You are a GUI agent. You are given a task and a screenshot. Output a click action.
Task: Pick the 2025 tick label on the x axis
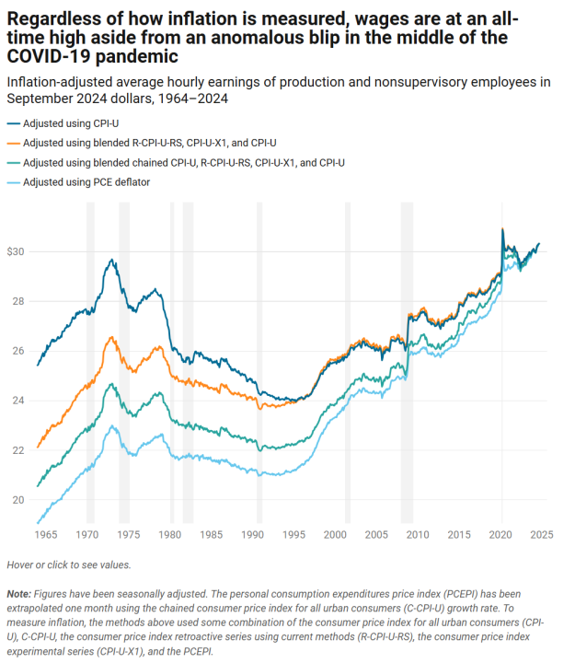coord(540,534)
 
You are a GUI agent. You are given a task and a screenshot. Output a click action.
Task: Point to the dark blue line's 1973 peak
coord(111,260)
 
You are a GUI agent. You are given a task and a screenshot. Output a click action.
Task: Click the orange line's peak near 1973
coord(111,337)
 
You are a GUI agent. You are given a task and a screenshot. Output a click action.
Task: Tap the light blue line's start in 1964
coord(38,522)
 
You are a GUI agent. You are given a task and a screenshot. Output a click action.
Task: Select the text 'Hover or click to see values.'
coord(68,564)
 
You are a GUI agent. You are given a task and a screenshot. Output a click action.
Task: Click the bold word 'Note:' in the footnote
coord(18,597)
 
